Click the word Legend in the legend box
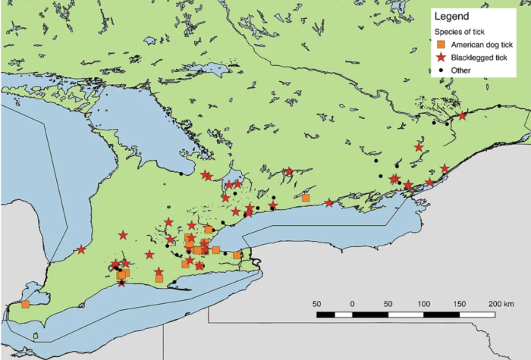452,16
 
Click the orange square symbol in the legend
441,45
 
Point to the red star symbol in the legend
441,58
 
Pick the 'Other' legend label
460,70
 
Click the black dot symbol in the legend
441,70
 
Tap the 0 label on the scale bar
352,303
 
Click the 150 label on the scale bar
459,303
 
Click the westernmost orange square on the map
25,305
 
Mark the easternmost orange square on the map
306,198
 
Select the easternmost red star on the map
463,116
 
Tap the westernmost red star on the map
81,249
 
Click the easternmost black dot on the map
499,105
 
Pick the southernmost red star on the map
121,283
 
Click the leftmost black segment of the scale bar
325,313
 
